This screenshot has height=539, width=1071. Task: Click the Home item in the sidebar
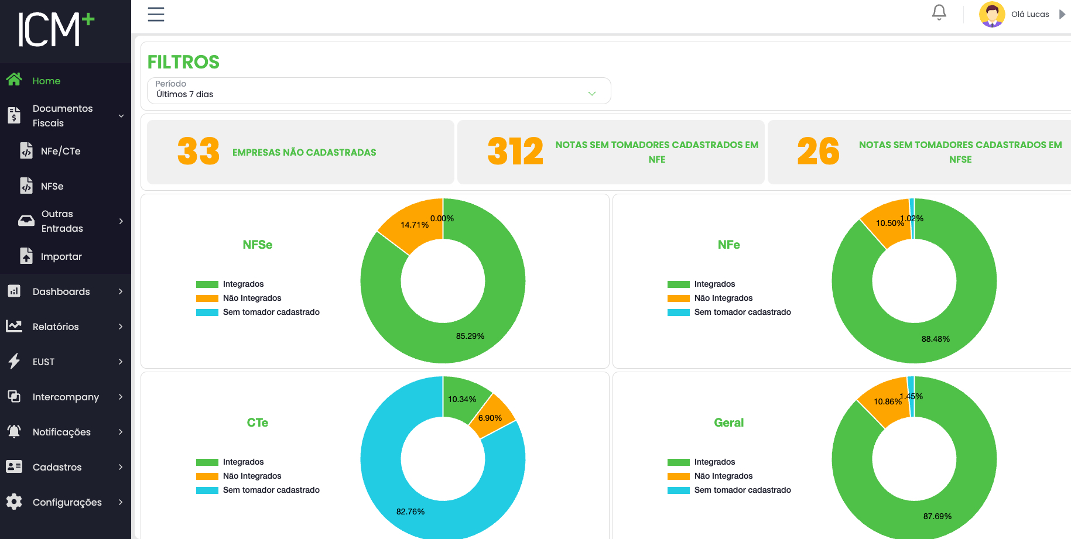click(46, 81)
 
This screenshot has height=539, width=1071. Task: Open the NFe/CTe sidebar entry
click(60, 151)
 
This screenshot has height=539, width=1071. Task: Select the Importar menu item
click(61, 256)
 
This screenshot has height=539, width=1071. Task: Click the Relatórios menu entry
click(56, 327)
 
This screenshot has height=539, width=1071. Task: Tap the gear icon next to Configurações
click(14, 502)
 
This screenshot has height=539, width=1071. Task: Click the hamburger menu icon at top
click(156, 14)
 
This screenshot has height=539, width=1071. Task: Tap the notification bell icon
click(939, 12)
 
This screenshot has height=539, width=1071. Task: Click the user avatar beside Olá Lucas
click(991, 14)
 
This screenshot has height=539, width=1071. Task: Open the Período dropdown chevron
click(591, 94)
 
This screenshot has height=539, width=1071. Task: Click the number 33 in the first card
click(198, 152)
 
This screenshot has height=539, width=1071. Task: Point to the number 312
click(515, 152)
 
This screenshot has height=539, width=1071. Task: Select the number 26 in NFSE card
click(818, 152)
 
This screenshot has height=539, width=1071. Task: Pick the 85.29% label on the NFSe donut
click(470, 336)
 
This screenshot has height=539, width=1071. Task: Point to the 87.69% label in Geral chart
click(937, 516)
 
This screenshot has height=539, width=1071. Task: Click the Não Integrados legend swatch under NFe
click(678, 298)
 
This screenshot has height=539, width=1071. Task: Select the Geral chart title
click(728, 423)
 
